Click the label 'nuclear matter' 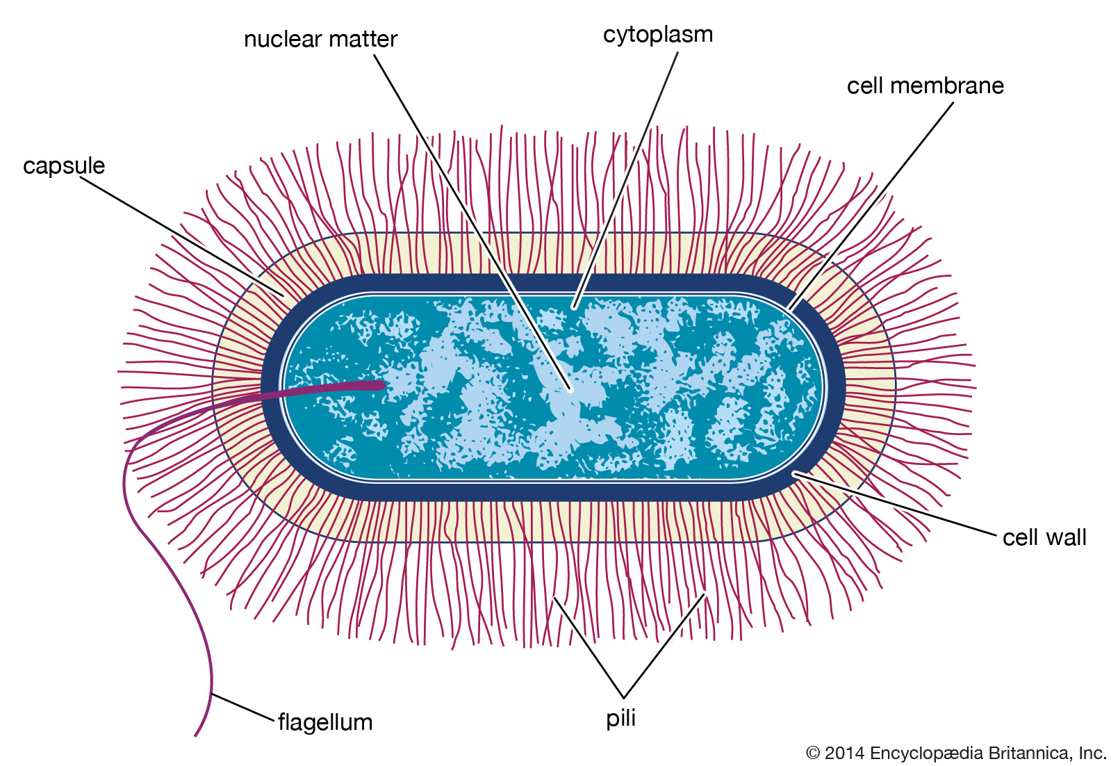click(320, 39)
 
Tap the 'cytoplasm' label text click(658, 35)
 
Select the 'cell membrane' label click(925, 85)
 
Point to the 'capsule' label click(64, 166)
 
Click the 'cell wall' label click(1044, 537)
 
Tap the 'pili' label click(620, 719)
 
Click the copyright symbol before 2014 click(812, 753)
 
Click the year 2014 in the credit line click(844, 753)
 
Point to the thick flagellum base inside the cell click(322, 390)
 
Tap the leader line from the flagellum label click(243, 706)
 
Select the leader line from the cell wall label click(894, 503)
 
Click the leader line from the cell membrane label click(871, 206)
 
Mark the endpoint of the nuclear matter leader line click(571, 391)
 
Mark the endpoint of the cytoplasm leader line click(573, 308)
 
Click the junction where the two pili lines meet click(623, 698)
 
